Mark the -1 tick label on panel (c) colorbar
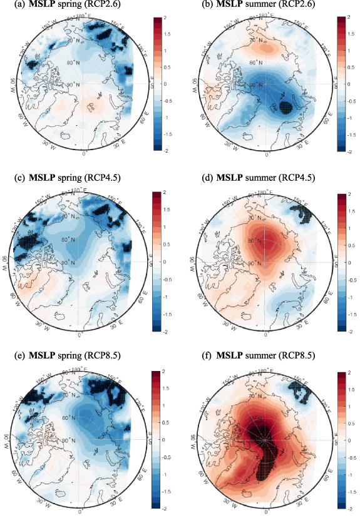point(168,295)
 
